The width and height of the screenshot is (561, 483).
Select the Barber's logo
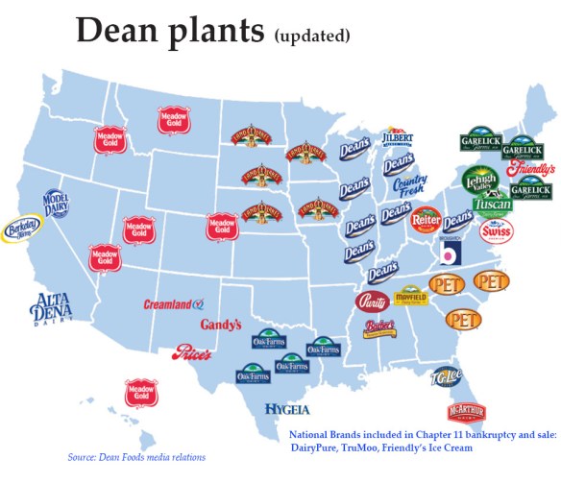coord(382,328)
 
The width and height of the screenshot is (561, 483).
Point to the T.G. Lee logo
coord(448,375)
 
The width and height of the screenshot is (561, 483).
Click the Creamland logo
coord(174,303)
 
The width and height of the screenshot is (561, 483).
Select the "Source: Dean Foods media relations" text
coord(136,456)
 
